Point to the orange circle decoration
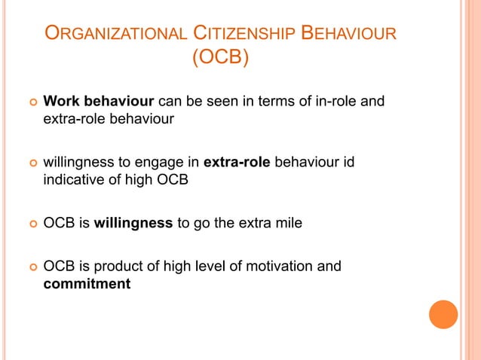[443, 314]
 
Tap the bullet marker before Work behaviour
[32, 102]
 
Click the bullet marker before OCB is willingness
[32, 224]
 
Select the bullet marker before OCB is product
[32, 267]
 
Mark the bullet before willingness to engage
[32, 163]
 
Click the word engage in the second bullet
[165, 162]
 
